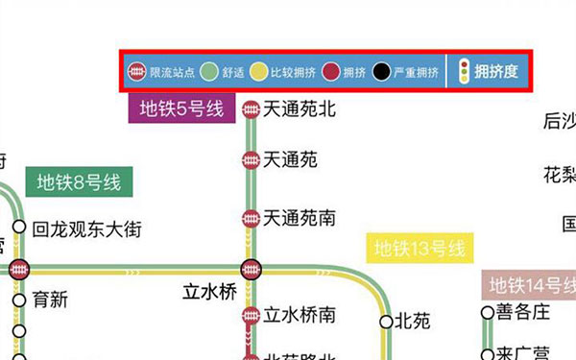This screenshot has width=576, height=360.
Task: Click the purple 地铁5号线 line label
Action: click(x=182, y=108)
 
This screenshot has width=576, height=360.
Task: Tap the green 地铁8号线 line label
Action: click(x=80, y=180)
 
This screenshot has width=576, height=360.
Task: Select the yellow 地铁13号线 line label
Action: click(x=420, y=249)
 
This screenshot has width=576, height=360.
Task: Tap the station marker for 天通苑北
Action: click(x=252, y=110)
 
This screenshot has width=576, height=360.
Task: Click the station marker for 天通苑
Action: click(x=252, y=159)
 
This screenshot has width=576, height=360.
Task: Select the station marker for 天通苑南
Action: click(x=252, y=219)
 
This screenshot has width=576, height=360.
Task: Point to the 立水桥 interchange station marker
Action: click(x=252, y=270)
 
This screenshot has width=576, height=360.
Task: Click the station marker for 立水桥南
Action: click(x=252, y=315)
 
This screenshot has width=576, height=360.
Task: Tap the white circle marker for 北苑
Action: click(x=387, y=322)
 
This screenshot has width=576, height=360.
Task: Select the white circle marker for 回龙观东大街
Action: click(x=19, y=230)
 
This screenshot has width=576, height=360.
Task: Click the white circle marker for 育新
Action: click(x=19, y=300)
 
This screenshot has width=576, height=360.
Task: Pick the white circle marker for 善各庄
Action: click(x=487, y=312)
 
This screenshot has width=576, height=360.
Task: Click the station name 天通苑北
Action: click(x=300, y=110)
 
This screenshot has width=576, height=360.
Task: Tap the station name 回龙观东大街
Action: click(x=86, y=230)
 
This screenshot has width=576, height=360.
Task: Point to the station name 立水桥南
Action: click(x=300, y=315)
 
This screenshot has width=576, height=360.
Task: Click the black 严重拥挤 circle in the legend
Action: click(x=382, y=72)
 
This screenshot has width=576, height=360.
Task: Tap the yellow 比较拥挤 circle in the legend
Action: click(x=259, y=72)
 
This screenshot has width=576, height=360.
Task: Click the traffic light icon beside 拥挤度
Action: click(x=464, y=72)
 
